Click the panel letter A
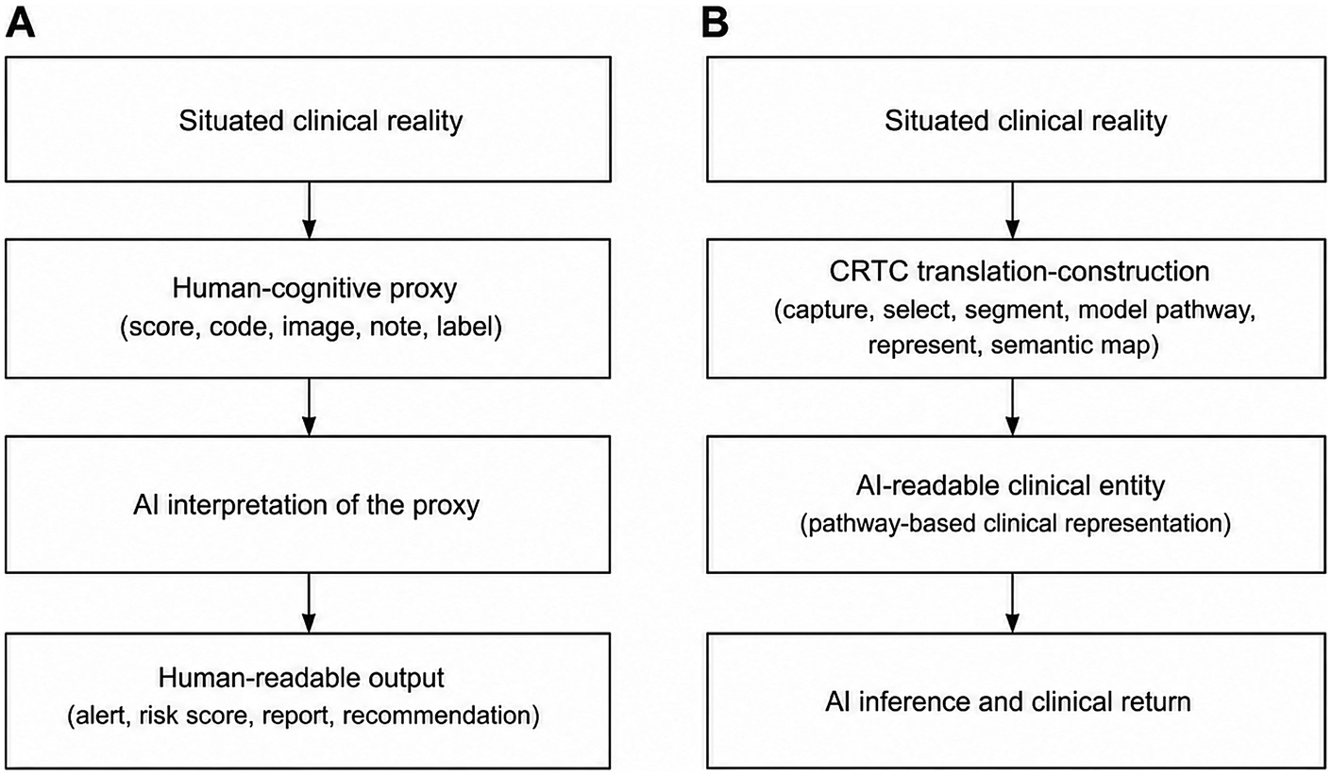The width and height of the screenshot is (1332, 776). (x=20, y=25)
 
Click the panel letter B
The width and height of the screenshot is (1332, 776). (x=715, y=25)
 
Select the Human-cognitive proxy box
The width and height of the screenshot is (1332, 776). (x=308, y=309)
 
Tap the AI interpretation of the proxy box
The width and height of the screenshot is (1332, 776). (x=308, y=505)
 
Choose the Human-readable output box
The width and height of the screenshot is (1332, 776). (x=308, y=701)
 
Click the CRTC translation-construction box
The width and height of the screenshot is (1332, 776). (x=1017, y=309)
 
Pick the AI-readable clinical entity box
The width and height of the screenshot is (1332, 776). (x=1017, y=505)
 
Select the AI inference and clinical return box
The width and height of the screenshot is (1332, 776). (x=1017, y=701)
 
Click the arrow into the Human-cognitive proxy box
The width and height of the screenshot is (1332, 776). (x=310, y=211)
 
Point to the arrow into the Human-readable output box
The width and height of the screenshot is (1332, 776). (x=310, y=603)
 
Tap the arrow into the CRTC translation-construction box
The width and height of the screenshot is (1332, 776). (x=1012, y=211)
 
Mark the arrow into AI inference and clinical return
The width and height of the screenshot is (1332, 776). (x=1012, y=603)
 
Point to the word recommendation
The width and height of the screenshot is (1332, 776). (x=441, y=716)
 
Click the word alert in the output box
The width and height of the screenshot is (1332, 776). (x=99, y=716)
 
